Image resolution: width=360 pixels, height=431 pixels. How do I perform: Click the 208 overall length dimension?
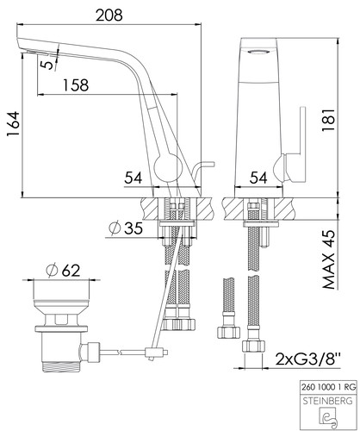click(109, 15)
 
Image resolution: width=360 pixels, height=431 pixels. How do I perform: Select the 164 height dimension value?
click(13, 124)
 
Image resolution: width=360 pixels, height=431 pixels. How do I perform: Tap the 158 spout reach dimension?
click(76, 85)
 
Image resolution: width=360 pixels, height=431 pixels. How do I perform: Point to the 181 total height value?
click(328, 120)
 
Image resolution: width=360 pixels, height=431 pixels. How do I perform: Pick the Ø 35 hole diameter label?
click(126, 228)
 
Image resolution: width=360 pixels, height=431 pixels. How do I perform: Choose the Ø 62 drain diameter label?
click(63, 270)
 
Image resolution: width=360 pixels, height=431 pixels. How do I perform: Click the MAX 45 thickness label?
click(329, 259)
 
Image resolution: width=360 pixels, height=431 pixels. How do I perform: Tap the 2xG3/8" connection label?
click(308, 359)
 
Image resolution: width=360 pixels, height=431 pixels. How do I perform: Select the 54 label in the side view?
click(133, 178)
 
